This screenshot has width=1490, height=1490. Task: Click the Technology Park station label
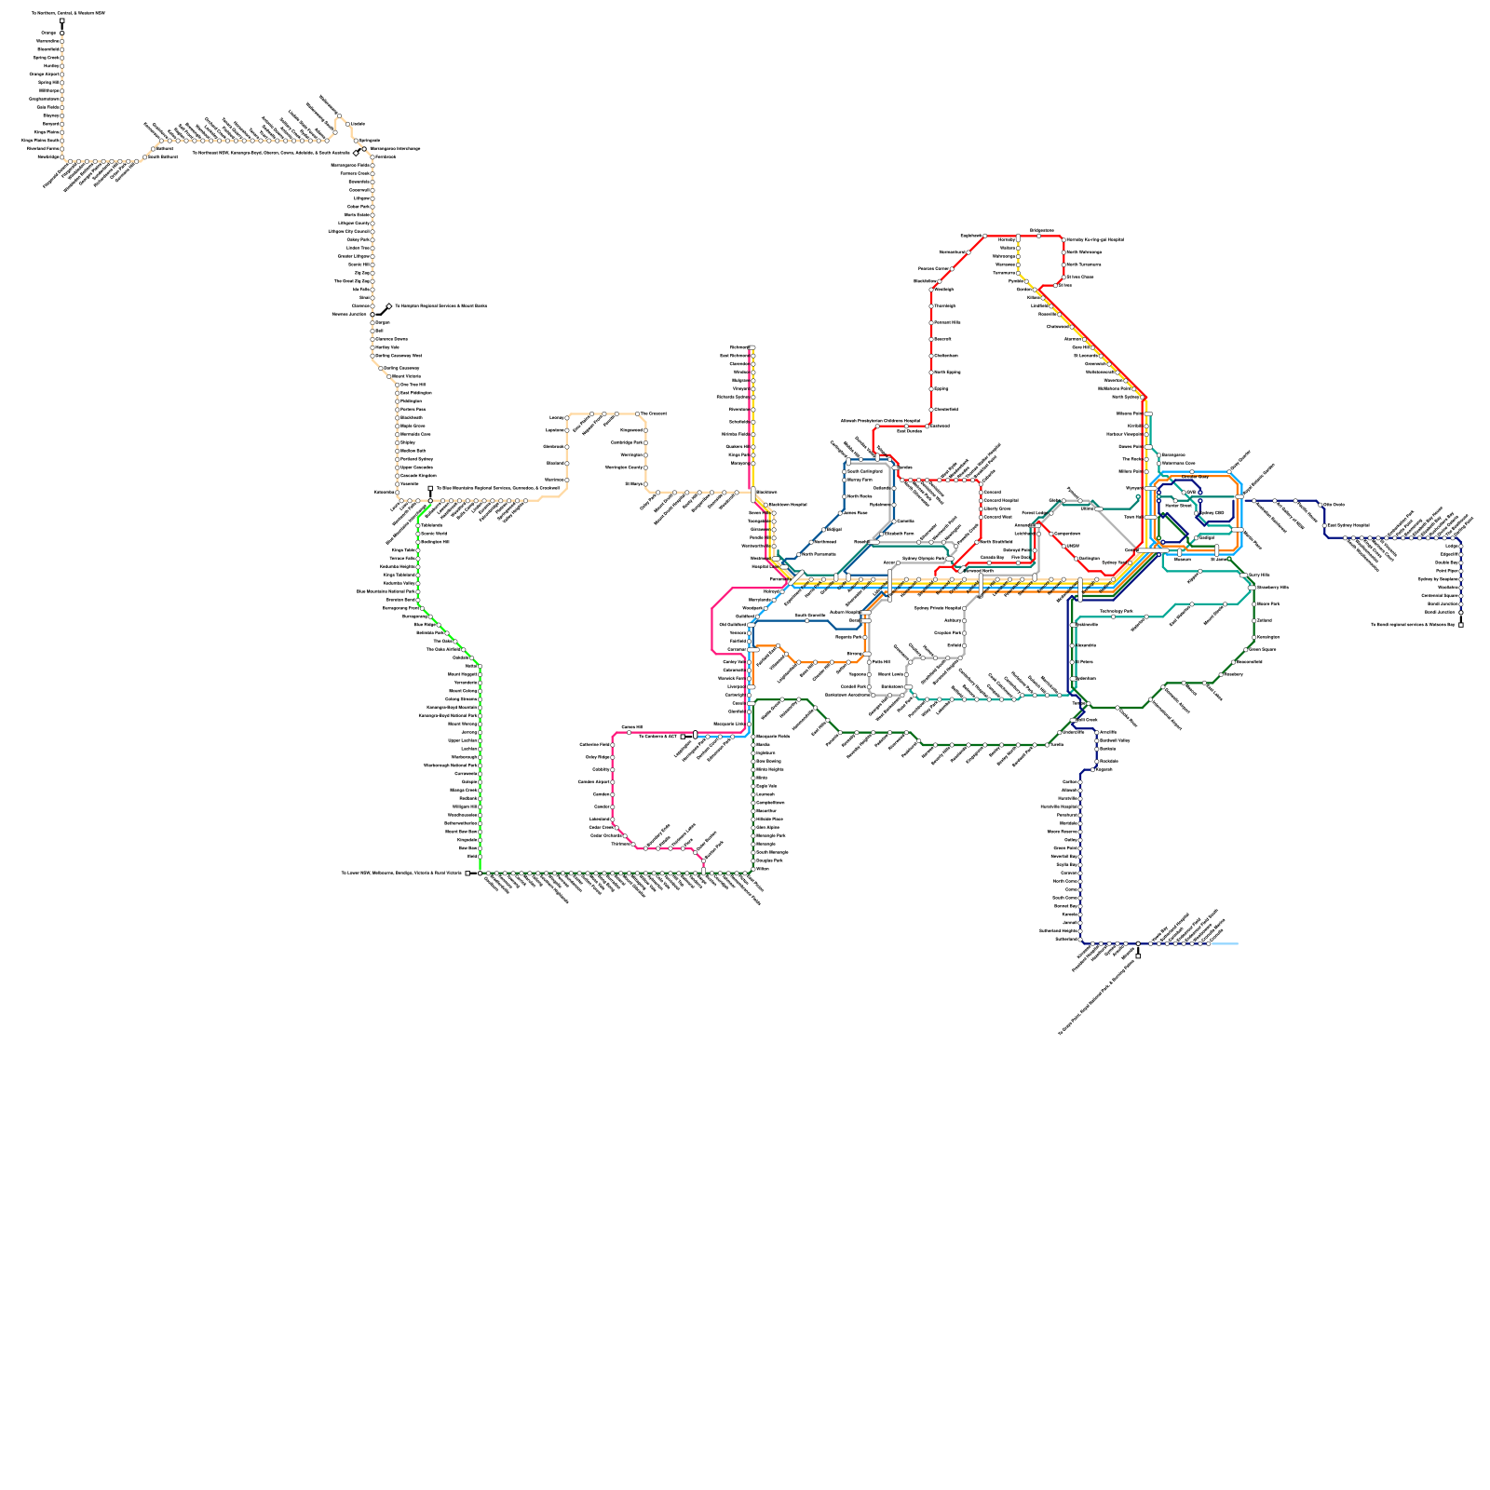(1117, 612)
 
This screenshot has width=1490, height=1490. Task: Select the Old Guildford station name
(732, 625)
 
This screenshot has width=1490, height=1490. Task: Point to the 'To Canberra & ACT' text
(657, 736)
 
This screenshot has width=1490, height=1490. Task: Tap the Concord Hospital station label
(1001, 500)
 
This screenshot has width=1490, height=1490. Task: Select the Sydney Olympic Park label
(924, 559)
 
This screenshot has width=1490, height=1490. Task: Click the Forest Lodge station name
(1035, 513)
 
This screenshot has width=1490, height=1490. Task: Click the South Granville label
(809, 615)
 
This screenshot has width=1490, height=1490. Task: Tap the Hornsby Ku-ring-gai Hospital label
(1094, 239)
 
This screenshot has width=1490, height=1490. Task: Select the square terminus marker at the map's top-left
(62, 21)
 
